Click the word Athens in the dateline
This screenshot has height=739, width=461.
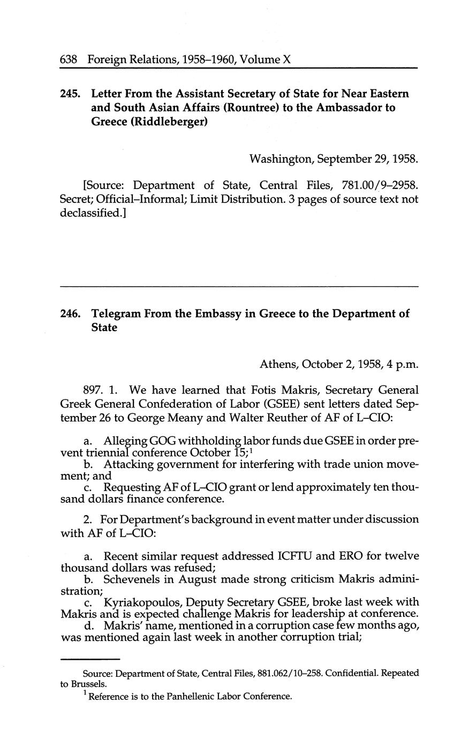(278, 365)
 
